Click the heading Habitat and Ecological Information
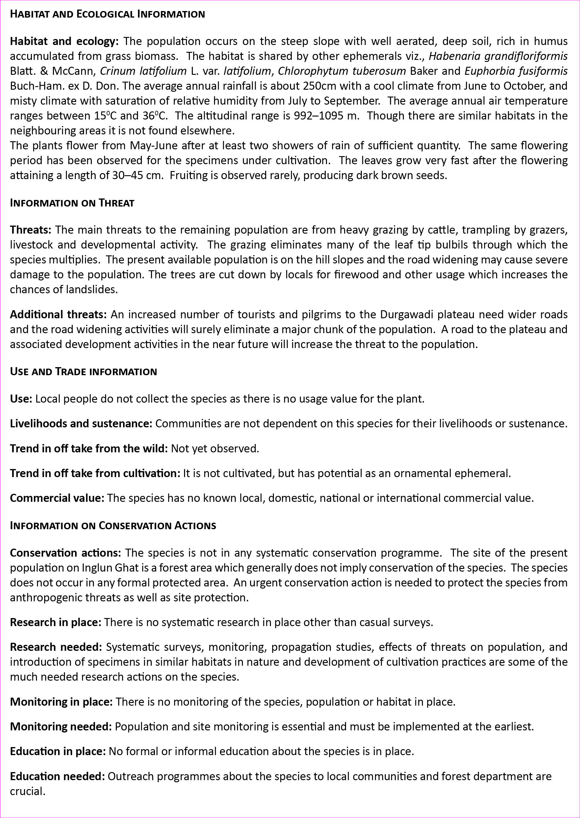point(107,14)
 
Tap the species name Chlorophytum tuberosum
point(342,71)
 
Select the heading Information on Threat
point(72,203)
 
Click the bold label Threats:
point(31,229)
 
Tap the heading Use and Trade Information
point(83,371)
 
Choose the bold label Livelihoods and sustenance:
point(81,423)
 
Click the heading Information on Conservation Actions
point(113,526)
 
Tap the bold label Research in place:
point(55,622)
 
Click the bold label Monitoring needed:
point(61,727)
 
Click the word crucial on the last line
point(27,791)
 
